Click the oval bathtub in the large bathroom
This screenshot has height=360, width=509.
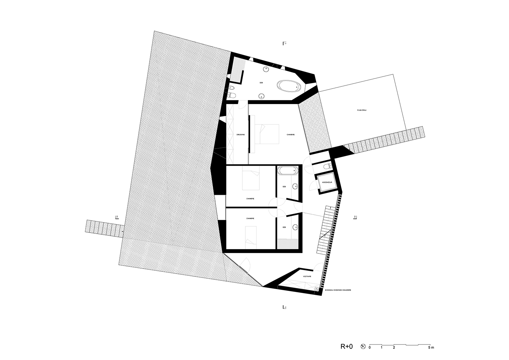coord(288,86)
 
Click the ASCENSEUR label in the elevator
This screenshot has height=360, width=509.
coord(327,183)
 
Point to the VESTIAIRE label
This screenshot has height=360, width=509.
coord(307,276)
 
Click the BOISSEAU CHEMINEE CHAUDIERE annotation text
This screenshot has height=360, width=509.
coord(337,290)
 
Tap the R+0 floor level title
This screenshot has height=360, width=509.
coord(347,347)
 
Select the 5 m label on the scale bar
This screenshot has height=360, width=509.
coord(431,348)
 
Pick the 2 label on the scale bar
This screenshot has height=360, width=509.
coord(394,348)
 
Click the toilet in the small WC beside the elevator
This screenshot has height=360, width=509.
coord(326,166)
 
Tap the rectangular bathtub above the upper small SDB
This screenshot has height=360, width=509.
coord(287,170)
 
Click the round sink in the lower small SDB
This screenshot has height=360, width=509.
coord(295,227)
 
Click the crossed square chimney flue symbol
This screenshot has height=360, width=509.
coord(317,289)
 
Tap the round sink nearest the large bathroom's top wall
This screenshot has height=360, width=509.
coord(267,69)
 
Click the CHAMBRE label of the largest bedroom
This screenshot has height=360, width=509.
coord(291,135)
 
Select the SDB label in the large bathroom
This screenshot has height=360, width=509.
coord(261,83)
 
